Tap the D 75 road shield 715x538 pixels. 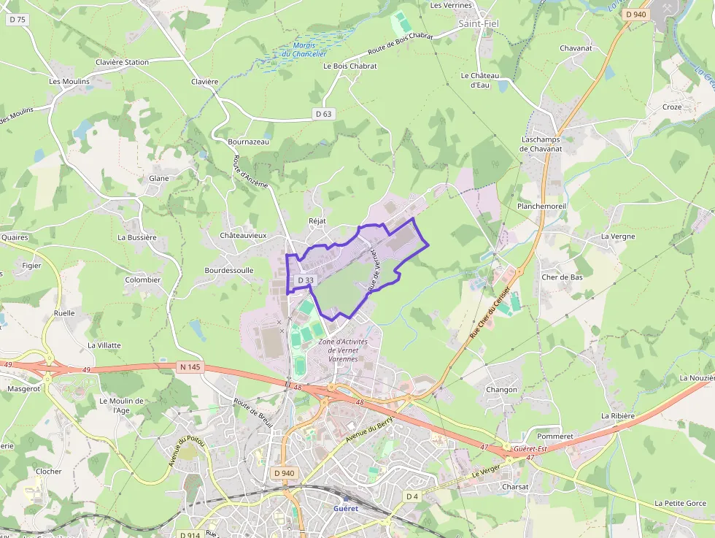tap(16, 20)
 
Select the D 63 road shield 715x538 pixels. tap(323, 114)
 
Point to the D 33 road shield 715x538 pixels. tap(306, 280)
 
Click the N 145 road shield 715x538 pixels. tap(190, 366)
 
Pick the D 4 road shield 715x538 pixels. tap(412, 496)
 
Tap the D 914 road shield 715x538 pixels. tap(190, 534)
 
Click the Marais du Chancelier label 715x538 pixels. tap(304, 49)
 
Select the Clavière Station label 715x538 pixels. tap(122, 62)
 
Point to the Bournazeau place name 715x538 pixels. tap(248, 142)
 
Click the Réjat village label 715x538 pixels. tap(317, 220)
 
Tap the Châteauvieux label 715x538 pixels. tap(243, 236)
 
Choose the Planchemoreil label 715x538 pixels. tap(541, 207)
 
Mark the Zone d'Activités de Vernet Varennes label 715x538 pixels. tap(343, 350)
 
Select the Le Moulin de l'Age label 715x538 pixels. tap(122, 405)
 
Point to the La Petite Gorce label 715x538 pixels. tap(680, 503)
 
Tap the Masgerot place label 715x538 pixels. tap(24, 389)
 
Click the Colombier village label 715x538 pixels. tap(142, 280)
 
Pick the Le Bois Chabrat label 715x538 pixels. tap(350, 66)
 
